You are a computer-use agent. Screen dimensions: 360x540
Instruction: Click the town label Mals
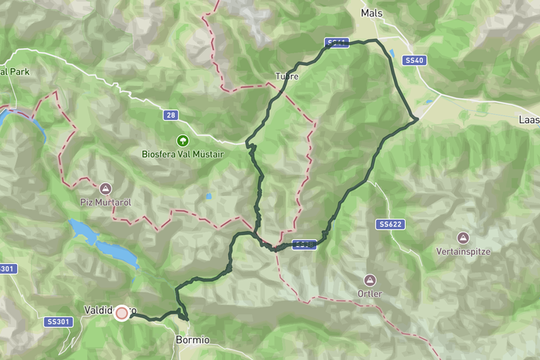click(371, 13)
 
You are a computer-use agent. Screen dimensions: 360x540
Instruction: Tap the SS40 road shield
click(414, 60)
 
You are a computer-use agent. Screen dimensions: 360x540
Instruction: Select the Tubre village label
click(286, 76)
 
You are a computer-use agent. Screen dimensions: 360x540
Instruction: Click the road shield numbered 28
click(171, 115)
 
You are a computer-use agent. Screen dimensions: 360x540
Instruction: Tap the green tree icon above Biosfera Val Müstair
click(181, 140)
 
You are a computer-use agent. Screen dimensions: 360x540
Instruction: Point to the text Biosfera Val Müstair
click(181, 154)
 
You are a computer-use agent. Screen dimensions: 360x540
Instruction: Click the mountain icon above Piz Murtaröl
click(104, 188)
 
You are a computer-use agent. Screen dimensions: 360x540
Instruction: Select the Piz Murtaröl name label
click(104, 202)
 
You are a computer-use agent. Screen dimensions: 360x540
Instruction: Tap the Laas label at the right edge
click(529, 120)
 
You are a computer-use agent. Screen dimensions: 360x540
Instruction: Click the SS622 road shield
click(390, 224)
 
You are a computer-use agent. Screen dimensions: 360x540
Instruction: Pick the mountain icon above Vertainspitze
click(463, 238)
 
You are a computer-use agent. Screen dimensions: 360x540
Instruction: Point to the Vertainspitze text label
click(463, 252)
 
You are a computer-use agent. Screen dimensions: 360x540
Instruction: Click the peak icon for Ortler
click(368, 280)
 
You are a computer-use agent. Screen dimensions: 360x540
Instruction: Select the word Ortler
click(368, 294)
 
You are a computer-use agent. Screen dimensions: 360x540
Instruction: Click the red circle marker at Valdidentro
click(121, 313)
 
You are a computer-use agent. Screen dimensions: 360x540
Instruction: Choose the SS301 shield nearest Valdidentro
click(57, 322)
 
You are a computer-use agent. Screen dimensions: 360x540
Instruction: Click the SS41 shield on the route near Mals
click(337, 43)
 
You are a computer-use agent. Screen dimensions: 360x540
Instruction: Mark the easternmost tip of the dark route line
click(417, 119)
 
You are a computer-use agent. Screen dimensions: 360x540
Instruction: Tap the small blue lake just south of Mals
click(393, 54)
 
